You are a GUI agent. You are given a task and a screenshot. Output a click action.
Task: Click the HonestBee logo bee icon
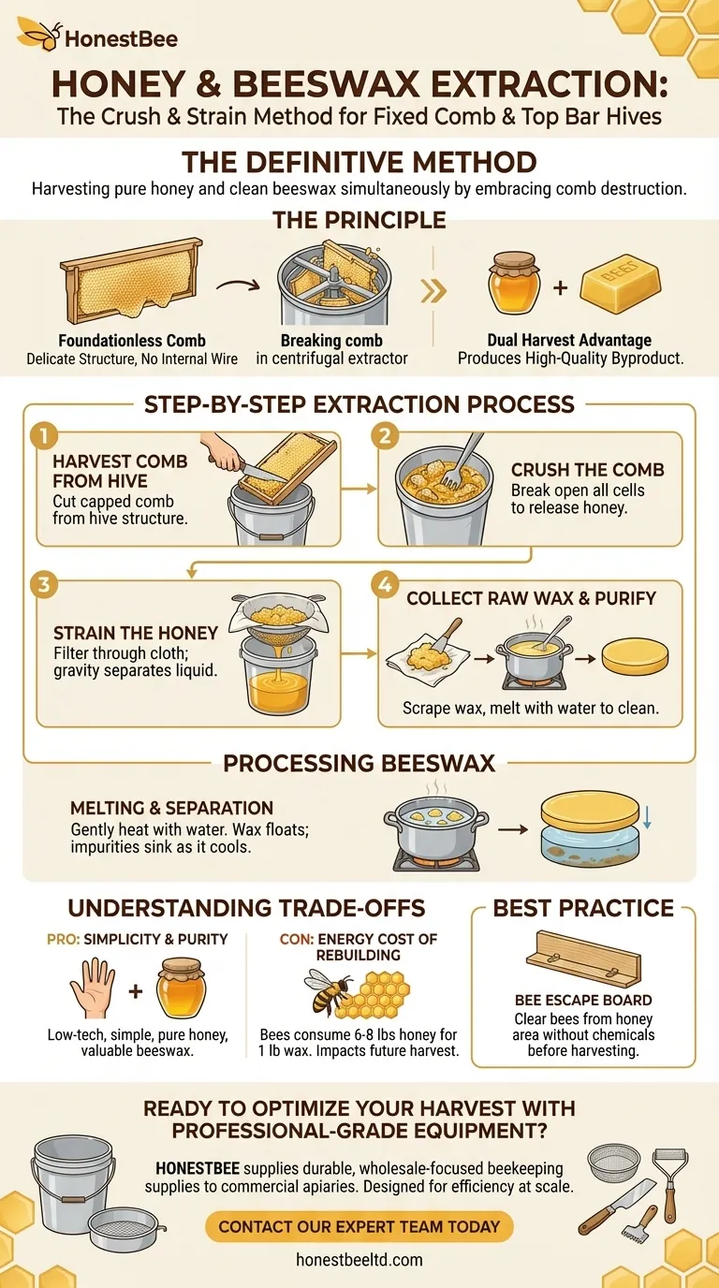[x=37, y=37]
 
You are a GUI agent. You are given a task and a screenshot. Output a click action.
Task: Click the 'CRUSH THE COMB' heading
[x=587, y=471]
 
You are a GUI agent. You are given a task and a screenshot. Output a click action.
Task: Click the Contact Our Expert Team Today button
[x=359, y=1226]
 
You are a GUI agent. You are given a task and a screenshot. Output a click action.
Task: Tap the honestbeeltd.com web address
[x=359, y=1259]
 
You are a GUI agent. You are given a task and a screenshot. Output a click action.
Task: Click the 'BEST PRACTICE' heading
[x=583, y=908]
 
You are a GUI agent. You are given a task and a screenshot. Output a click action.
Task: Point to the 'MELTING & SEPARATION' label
[x=172, y=808]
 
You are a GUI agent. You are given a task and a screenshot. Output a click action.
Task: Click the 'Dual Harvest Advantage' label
[x=569, y=341]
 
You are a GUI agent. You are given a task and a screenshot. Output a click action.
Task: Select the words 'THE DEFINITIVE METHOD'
[x=359, y=161]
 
